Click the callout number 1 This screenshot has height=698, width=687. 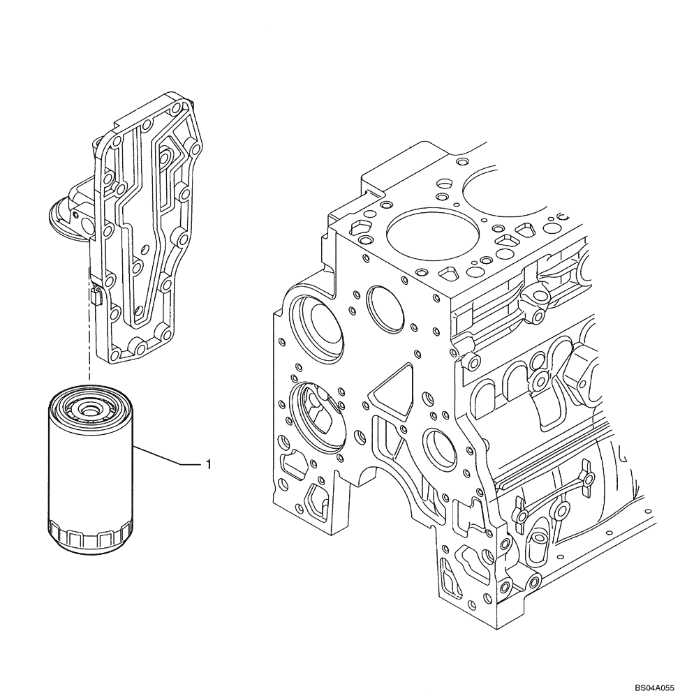(x=208, y=463)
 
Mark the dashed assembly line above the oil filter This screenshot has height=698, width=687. (x=89, y=335)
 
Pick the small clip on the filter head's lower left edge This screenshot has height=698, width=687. (x=96, y=296)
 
